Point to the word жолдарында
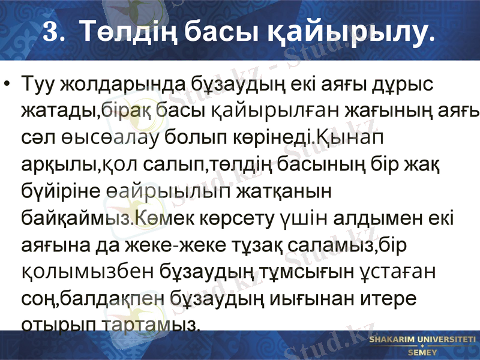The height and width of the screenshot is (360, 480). tap(116, 84)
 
